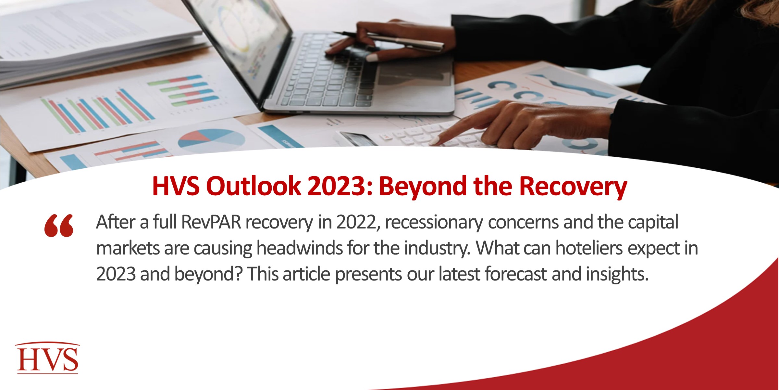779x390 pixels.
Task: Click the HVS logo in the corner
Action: click(47, 358)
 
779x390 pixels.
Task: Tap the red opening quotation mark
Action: click(59, 226)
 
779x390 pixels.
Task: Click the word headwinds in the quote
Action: click(300, 248)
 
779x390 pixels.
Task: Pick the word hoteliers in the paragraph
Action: click(589, 248)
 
